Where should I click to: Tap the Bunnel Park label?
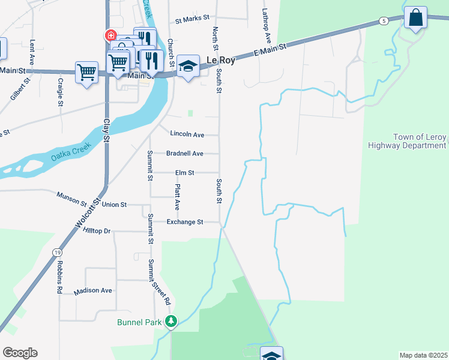click(x=140, y=322)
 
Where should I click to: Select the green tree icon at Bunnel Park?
click(x=172, y=322)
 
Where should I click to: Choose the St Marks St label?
click(x=191, y=20)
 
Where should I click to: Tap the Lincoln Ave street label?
click(x=187, y=134)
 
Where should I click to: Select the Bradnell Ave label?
click(x=185, y=154)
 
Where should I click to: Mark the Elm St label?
click(x=184, y=173)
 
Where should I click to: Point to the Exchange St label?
click(x=185, y=222)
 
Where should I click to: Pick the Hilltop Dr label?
click(x=97, y=231)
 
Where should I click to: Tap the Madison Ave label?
click(x=93, y=291)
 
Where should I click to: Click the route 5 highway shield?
click(x=383, y=21)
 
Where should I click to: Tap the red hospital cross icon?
click(x=110, y=35)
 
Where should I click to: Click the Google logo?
click(x=20, y=353)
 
